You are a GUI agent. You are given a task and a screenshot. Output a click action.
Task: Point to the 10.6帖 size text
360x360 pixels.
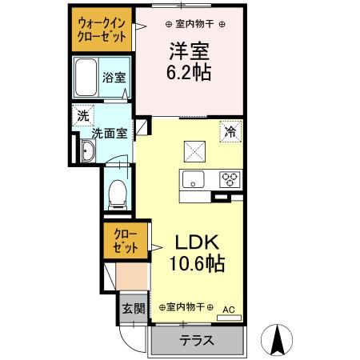(x=196, y=263)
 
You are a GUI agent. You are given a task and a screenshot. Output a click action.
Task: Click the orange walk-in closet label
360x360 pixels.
(x=100, y=30)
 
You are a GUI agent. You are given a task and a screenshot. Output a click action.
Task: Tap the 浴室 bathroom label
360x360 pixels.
(x=113, y=78)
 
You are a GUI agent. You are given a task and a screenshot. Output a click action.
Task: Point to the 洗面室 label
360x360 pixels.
(x=108, y=134)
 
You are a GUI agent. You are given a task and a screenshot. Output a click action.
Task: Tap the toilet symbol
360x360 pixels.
(x=118, y=191)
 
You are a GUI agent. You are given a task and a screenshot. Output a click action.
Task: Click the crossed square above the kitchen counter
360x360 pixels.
(x=194, y=150)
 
